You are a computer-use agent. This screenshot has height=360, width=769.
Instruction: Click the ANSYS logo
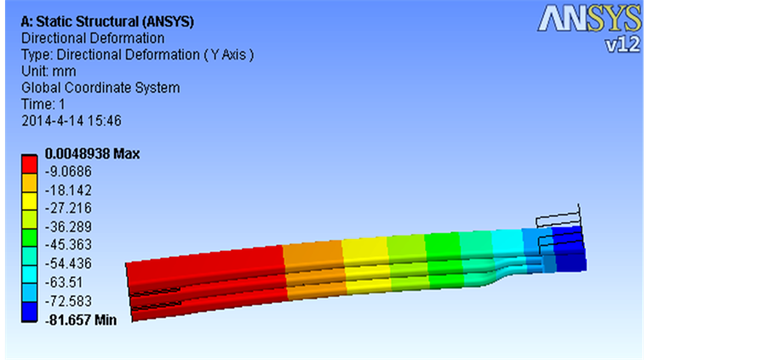[589, 19]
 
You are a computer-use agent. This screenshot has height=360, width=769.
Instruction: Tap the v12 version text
[623, 44]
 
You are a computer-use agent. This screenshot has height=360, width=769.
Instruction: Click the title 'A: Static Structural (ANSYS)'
[108, 21]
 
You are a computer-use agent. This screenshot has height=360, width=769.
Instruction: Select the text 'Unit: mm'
[49, 71]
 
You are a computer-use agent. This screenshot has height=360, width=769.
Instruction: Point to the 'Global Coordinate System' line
[100, 89]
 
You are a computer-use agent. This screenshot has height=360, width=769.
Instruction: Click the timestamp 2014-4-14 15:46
[72, 121]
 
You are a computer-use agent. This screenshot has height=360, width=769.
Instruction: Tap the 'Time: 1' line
[43, 105]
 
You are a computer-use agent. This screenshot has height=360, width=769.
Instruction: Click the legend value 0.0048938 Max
[92, 154]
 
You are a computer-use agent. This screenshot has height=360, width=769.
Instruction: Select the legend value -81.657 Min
[80, 320]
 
